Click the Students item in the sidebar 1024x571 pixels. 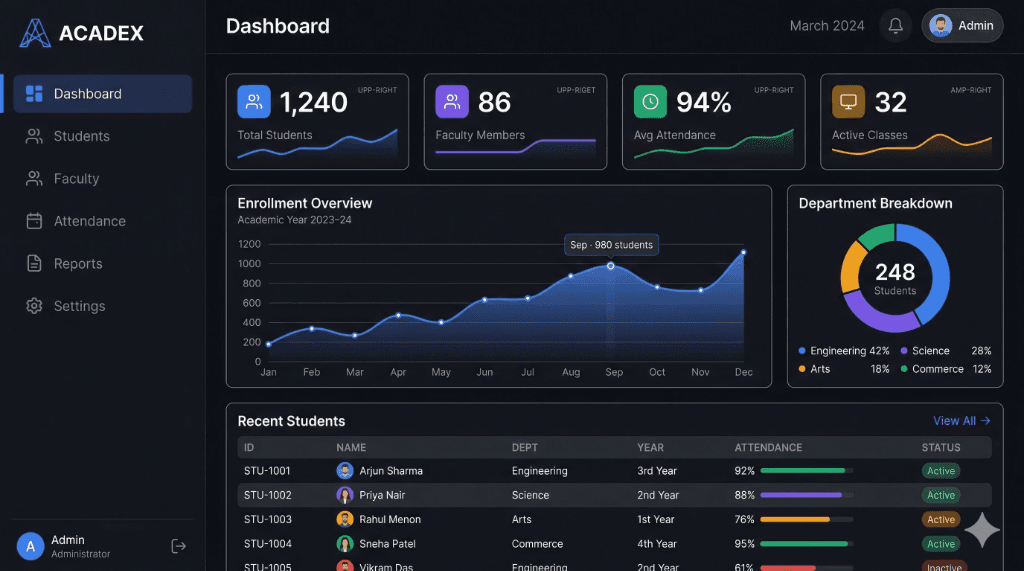81,136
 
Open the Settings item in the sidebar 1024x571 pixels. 79,306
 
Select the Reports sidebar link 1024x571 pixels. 78,264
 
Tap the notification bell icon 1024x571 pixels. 895,26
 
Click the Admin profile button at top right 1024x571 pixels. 962,26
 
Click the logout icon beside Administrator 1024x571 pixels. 179,546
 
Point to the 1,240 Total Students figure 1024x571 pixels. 313,102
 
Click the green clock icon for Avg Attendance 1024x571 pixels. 650,101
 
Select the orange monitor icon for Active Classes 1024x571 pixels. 848,101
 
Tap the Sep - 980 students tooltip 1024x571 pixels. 610,244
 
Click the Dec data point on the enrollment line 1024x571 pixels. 743,253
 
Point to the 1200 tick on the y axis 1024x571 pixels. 249,244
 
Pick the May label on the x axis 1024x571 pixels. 441,372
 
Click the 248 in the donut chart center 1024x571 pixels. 894,272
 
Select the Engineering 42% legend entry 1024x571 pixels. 844,351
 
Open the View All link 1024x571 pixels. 961,421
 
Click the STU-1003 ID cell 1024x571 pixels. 267,519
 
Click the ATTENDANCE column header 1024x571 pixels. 768,448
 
